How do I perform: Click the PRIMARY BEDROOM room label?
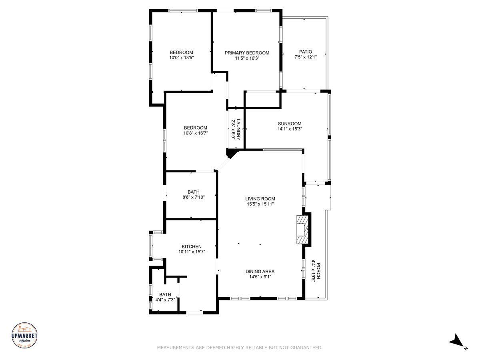(x=247, y=53)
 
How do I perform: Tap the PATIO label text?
(x=306, y=52)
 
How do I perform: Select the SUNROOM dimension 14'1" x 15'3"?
(x=290, y=129)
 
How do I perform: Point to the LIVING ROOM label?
(x=260, y=199)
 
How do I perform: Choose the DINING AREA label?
(x=260, y=272)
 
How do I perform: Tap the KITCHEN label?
(x=192, y=246)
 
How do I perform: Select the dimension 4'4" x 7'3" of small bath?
(x=165, y=300)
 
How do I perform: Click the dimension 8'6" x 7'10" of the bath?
(x=194, y=197)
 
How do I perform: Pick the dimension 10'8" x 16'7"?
(x=196, y=133)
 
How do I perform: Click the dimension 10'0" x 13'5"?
(x=181, y=58)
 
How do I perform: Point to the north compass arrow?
(x=456, y=341)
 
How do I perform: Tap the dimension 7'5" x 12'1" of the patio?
(x=306, y=57)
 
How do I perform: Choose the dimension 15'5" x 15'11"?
(x=260, y=204)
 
